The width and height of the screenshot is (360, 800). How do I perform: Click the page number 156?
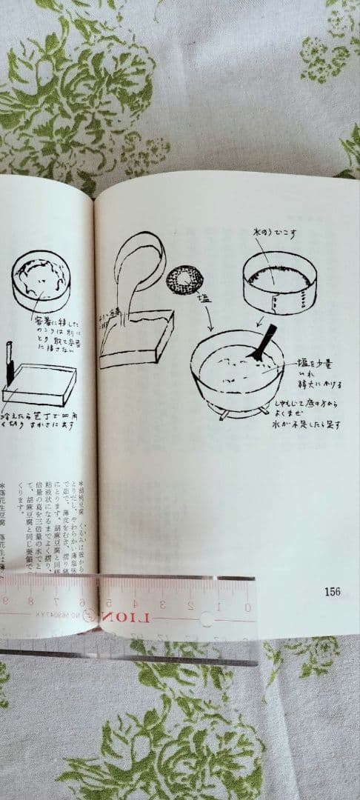tap(331, 591)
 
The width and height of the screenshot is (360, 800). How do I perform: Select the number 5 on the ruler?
tap(109, 602)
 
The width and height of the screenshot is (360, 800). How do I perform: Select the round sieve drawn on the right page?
tap(279, 281)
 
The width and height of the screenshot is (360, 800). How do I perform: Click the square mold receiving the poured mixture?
tap(137, 339)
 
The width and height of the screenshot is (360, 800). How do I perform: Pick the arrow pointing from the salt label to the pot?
tap(210, 319)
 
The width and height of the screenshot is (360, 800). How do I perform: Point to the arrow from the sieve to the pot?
tap(261, 320)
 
